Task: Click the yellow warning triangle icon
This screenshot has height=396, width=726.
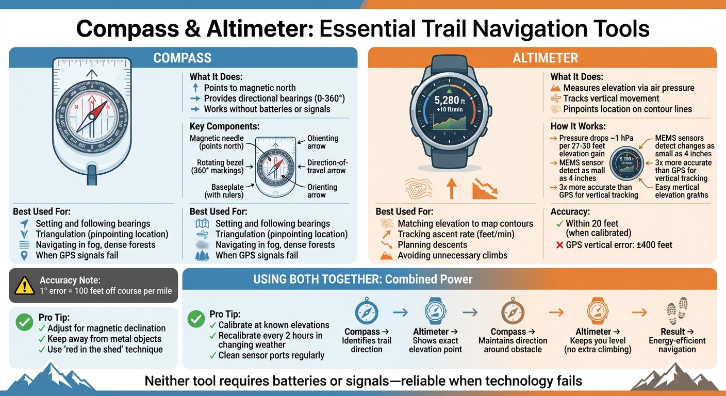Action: pos(25,285)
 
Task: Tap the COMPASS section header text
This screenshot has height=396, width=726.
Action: pos(183,58)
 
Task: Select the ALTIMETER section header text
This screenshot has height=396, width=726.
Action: pos(545,58)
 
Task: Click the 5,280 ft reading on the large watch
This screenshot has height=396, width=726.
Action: pos(450,101)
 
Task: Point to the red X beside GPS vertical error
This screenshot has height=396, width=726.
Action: pos(559,245)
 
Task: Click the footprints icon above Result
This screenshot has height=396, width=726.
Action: pos(676,311)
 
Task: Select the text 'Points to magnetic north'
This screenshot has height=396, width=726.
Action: pos(250,88)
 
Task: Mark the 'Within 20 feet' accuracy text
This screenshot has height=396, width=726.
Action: pos(592,224)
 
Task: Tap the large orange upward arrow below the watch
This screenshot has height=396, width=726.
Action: pos(452,188)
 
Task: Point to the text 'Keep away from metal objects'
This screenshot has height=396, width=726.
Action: pos(104,339)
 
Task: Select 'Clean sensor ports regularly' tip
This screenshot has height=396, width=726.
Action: pos(271,355)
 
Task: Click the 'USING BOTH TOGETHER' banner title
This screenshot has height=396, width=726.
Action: pos(362,279)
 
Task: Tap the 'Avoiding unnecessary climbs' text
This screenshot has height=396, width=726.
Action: pos(453,255)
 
